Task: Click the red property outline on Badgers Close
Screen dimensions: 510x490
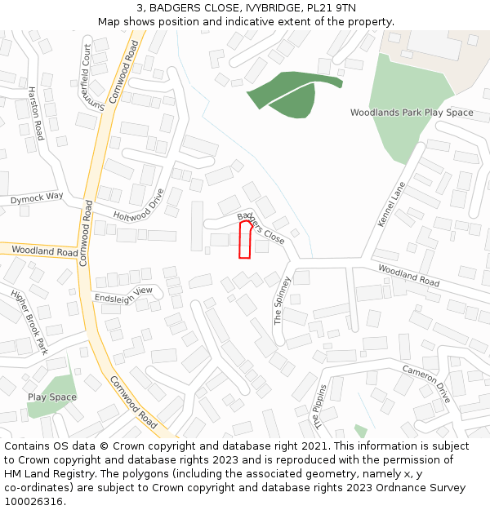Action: (x=245, y=240)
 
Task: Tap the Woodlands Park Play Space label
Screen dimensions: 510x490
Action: (x=412, y=113)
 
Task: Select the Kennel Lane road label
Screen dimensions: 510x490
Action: (x=392, y=204)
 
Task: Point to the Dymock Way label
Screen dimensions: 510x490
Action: (x=37, y=197)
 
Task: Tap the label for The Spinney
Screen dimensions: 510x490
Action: (x=282, y=300)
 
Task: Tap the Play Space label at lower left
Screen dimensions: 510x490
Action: (x=52, y=397)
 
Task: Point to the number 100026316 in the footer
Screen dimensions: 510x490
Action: (x=33, y=502)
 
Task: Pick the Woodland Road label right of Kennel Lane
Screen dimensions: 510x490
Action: (x=408, y=275)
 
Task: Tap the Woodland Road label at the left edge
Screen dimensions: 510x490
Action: (x=45, y=252)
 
